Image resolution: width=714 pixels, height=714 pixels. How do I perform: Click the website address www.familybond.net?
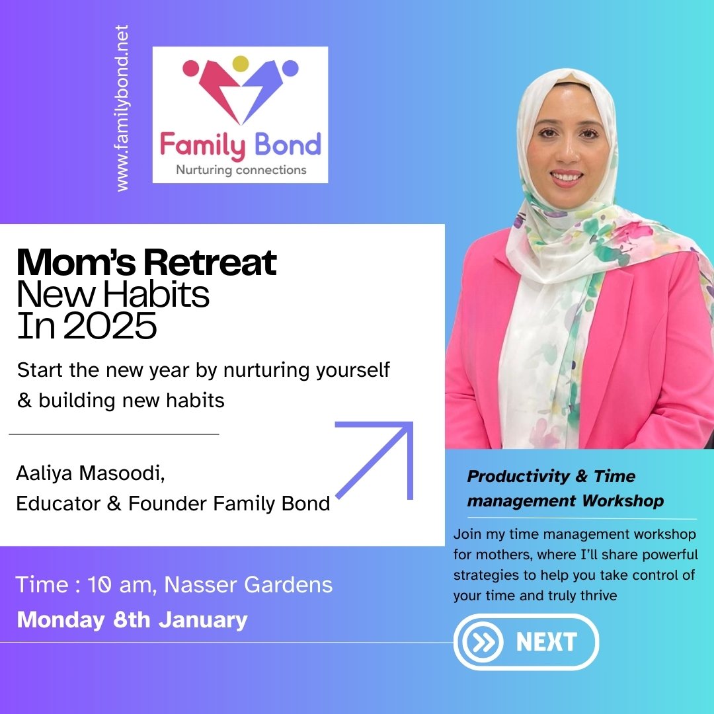tap(122, 109)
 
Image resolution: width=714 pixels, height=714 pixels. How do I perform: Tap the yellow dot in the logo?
tap(241, 63)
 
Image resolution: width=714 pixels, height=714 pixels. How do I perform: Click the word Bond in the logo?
tap(288, 145)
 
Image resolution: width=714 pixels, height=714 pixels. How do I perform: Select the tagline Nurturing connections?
tap(241, 170)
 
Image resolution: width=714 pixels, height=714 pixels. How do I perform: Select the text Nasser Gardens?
tap(249, 584)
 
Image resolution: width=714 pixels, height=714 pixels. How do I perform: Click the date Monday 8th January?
tap(132, 620)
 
